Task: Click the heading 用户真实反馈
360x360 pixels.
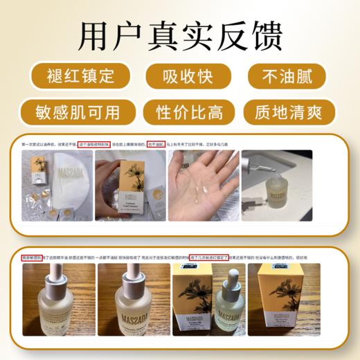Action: pos(180,33)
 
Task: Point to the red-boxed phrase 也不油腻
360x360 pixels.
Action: pos(156,145)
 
